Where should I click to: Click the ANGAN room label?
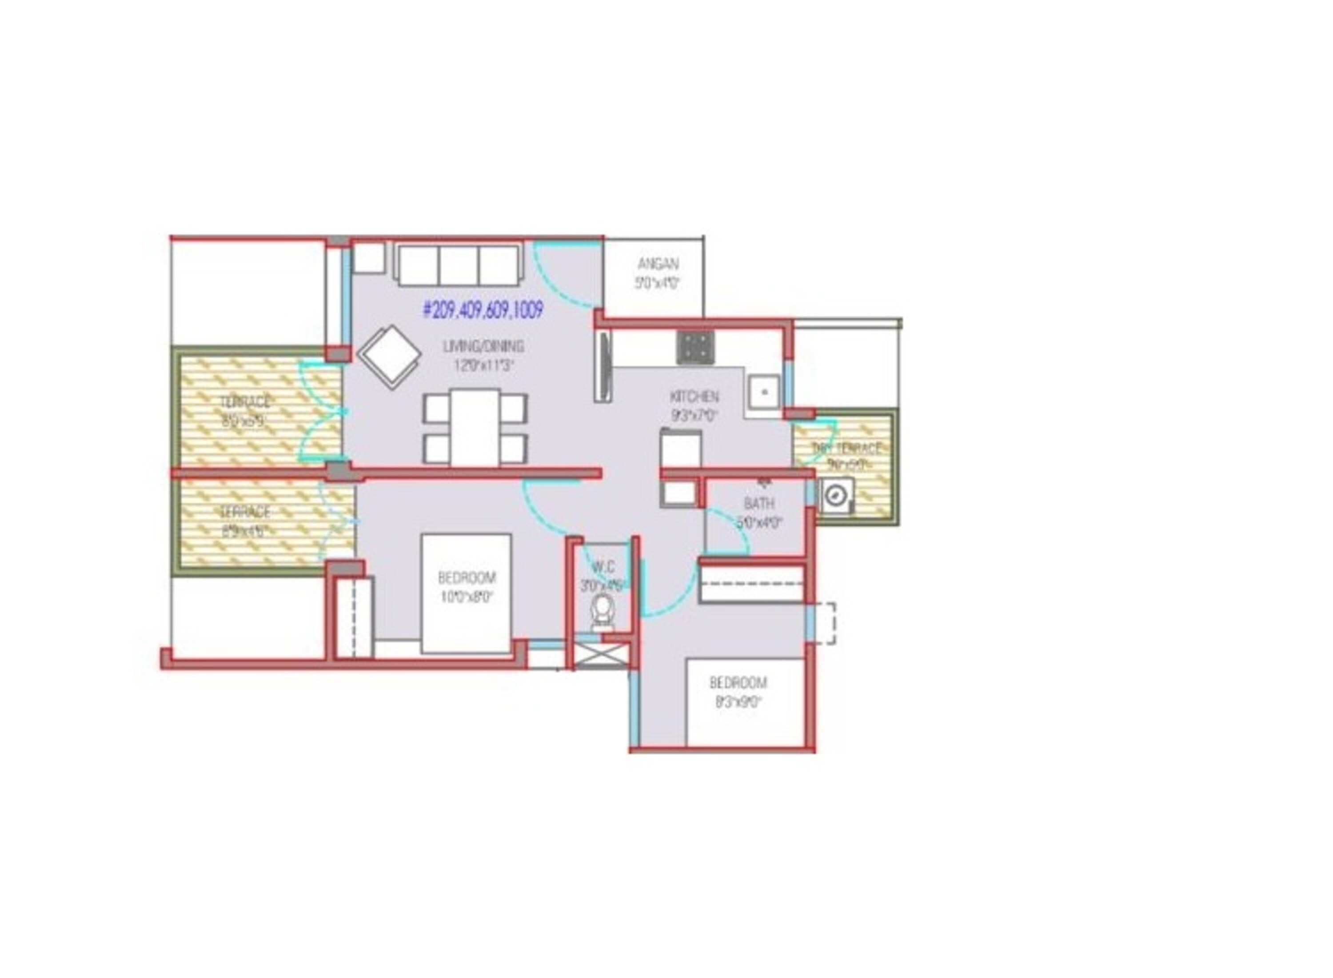pos(657,264)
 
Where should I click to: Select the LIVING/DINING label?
pos(483,346)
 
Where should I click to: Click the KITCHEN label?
pos(694,396)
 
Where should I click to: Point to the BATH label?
pos(758,504)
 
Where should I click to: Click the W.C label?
pos(603,568)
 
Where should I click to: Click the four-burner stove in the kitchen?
pos(695,347)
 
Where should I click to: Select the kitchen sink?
pos(763,392)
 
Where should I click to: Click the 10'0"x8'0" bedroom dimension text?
pos(467,597)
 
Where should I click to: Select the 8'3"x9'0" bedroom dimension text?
pos(737,703)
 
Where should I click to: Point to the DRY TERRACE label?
pos(846,448)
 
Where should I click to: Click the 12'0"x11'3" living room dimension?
pos(483,366)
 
